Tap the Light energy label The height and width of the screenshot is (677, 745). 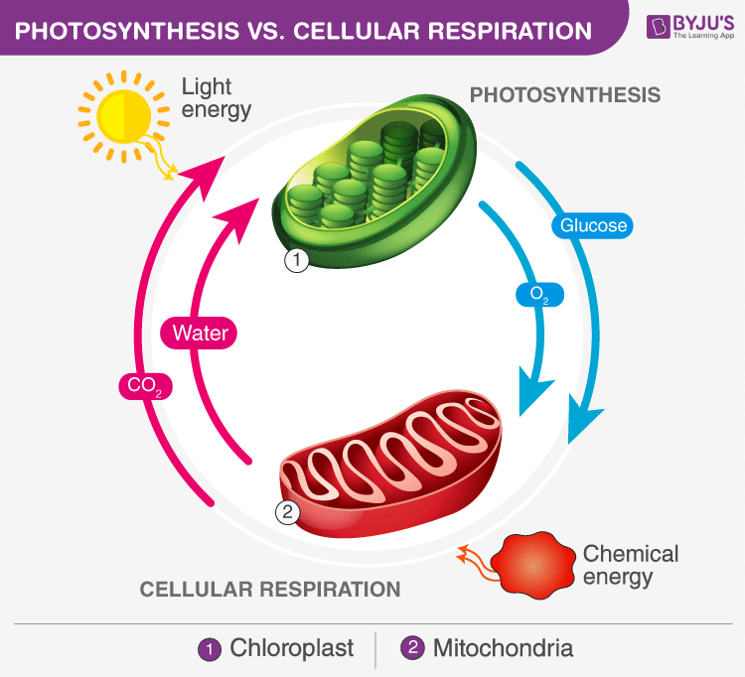tap(216, 97)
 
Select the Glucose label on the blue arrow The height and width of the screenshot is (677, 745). tap(594, 225)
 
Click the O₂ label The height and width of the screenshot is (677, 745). tap(540, 295)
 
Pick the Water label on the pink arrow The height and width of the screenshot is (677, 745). tap(201, 333)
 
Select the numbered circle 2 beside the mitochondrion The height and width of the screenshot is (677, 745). tap(285, 513)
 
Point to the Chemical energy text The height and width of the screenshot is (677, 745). tap(630, 565)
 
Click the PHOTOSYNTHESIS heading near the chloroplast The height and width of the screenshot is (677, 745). tap(564, 95)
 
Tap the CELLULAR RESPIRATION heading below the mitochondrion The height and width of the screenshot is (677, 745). tap(270, 589)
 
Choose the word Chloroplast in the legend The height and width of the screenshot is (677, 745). tap(292, 649)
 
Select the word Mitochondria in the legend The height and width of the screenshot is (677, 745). tap(503, 649)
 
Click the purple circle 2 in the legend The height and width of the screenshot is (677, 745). tap(412, 650)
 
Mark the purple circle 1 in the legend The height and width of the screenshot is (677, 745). tap(210, 650)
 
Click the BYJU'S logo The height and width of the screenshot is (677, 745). tap(680, 27)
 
